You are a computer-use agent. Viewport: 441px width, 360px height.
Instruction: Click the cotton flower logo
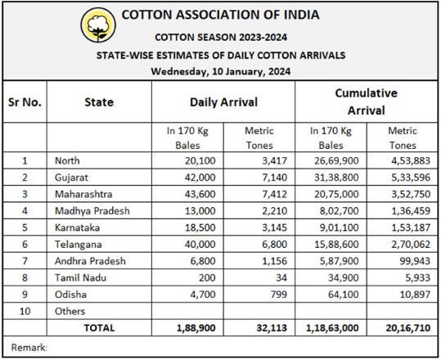pyautogui.click(x=98, y=25)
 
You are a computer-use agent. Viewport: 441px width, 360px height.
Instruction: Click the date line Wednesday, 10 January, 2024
pyautogui.click(x=221, y=71)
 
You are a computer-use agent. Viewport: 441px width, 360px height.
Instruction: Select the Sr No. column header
pyautogui.click(x=25, y=102)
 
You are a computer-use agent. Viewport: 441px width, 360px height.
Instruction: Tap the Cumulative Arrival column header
pyautogui.click(x=367, y=101)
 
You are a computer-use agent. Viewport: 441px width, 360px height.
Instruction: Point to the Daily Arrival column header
pyautogui.click(x=223, y=102)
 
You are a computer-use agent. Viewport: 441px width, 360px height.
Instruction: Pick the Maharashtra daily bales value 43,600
pyautogui.click(x=200, y=194)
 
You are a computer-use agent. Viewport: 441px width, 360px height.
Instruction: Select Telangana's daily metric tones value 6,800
pyautogui.click(x=275, y=244)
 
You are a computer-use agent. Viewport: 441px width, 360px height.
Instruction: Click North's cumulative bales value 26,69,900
pyautogui.click(x=336, y=160)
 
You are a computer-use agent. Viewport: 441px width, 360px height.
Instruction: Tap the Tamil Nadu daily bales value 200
pyautogui.click(x=207, y=277)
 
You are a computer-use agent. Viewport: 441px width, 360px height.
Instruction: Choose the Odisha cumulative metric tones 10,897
pyautogui.click(x=415, y=295)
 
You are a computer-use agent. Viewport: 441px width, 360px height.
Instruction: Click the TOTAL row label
pyautogui.click(x=99, y=328)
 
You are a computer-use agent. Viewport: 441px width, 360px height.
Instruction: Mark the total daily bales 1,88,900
pyautogui.click(x=196, y=328)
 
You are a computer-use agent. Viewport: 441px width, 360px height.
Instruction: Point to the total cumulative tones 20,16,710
pyautogui.click(x=408, y=328)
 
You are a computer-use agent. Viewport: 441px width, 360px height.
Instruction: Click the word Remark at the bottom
pyautogui.click(x=28, y=348)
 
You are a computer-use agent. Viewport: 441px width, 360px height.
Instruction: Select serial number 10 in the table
pyautogui.click(x=25, y=312)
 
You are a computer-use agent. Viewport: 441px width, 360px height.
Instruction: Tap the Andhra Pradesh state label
pyautogui.click(x=90, y=261)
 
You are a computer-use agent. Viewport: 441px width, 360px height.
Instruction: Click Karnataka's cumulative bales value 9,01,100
pyautogui.click(x=340, y=227)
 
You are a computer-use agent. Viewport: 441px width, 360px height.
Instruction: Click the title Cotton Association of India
pyautogui.click(x=221, y=15)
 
